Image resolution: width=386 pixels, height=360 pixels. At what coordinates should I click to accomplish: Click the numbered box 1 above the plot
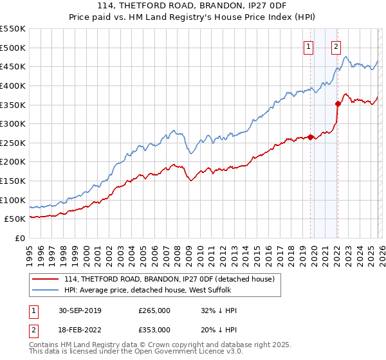coord(309,46)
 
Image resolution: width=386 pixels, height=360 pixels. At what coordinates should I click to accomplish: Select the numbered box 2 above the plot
coord(336,46)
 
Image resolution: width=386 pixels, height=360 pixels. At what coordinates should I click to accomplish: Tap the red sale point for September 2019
coord(310,137)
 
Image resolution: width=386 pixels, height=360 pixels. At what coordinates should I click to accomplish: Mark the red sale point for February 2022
coord(337,103)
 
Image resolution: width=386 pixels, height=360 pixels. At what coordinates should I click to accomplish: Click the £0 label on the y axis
coord(21,238)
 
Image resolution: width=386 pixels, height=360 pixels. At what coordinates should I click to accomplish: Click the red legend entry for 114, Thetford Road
coord(169,279)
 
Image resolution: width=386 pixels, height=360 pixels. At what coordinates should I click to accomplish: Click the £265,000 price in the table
coord(154,310)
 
